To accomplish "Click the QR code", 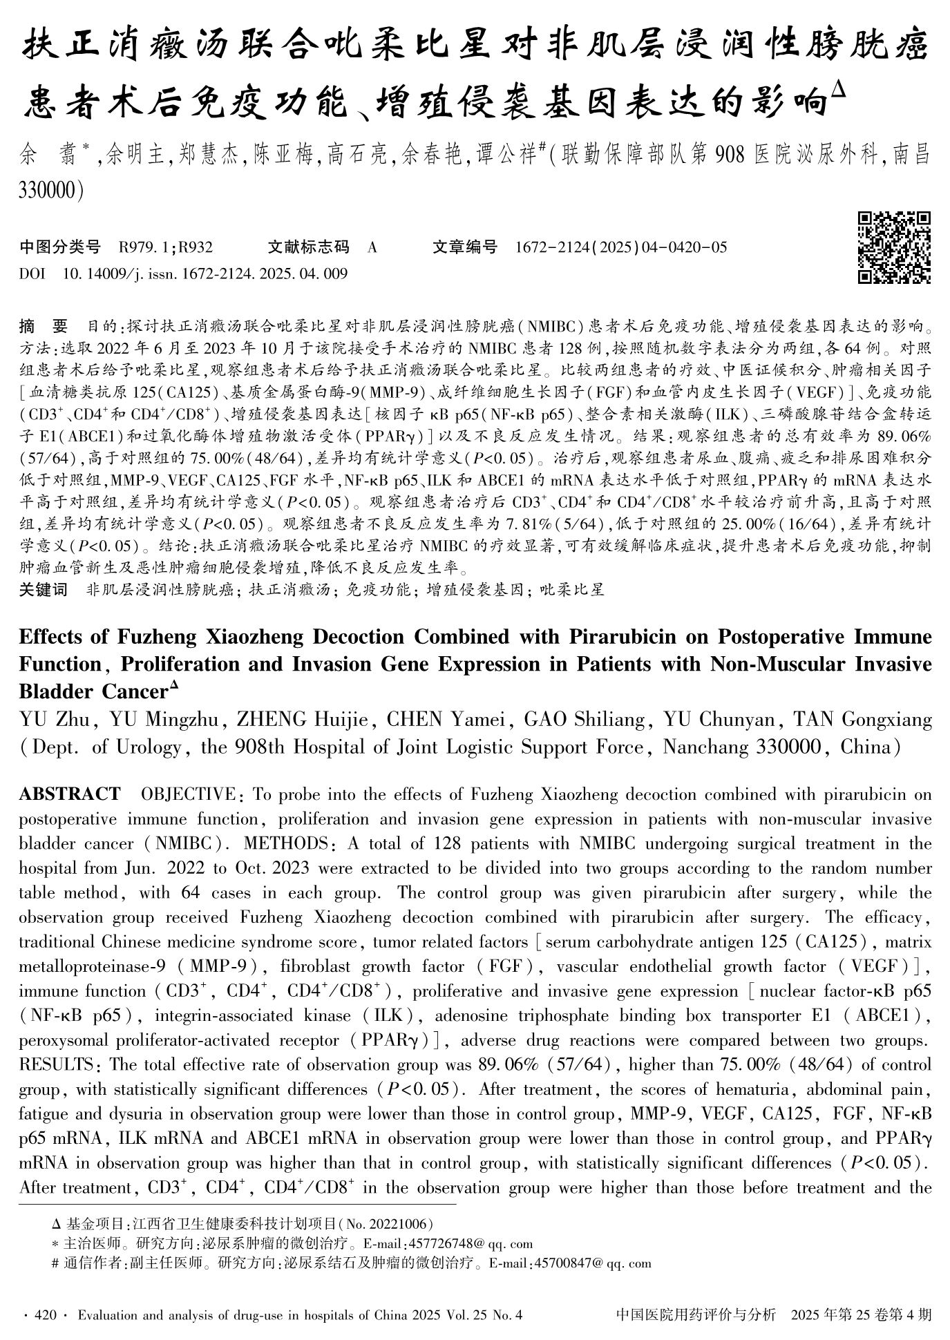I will [x=894, y=247].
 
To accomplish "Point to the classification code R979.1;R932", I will [x=166, y=247].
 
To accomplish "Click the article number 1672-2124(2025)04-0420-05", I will [x=621, y=247].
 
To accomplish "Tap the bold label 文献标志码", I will [x=308, y=247].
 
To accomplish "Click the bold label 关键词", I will [x=43, y=589].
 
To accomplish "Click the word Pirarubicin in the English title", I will [x=614, y=635].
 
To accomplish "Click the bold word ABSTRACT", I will [x=70, y=794].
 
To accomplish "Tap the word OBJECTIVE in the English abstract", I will [x=190, y=794].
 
